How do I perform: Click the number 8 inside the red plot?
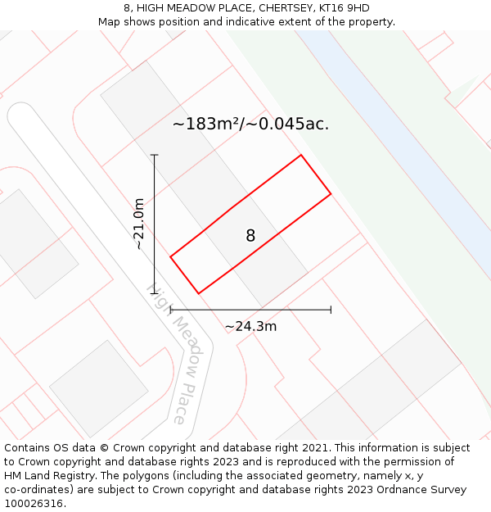250,236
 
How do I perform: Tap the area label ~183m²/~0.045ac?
250,125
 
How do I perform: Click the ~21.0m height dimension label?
139,224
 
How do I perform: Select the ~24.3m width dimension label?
250,326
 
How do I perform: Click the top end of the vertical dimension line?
154,155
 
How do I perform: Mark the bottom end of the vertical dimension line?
154,293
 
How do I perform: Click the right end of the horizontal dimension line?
331,310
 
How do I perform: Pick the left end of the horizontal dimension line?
170,310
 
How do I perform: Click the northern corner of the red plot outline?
301,155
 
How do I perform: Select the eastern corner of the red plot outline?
331,194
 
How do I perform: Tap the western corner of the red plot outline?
170,257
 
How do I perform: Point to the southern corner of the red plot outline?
198,293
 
